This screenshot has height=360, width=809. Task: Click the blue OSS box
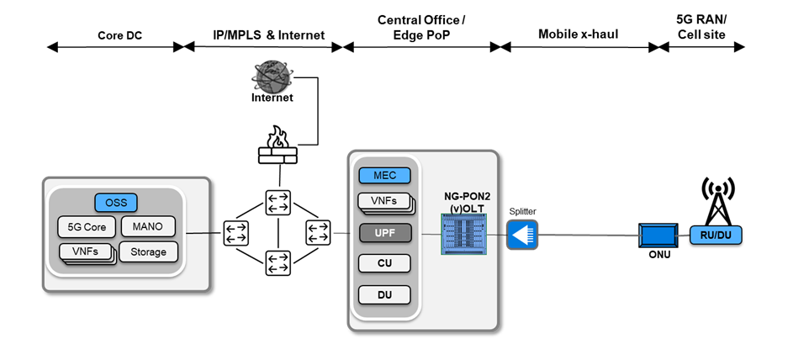click(116, 203)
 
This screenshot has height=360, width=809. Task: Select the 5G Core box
click(87, 226)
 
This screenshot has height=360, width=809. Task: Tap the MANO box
click(147, 225)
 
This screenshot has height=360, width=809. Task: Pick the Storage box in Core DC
click(147, 251)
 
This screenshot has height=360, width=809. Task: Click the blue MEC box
click(384, 175)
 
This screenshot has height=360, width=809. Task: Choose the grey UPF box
click(384, 231)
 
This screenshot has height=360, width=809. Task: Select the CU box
click(384, 263)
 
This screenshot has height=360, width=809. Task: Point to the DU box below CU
click(384, 295)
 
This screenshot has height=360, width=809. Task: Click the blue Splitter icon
click(521, 234)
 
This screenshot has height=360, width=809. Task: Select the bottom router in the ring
click(278, 263)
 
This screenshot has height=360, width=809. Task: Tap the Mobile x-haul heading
click(574, 34)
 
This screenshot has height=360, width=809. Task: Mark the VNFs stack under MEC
click(384, 202)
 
